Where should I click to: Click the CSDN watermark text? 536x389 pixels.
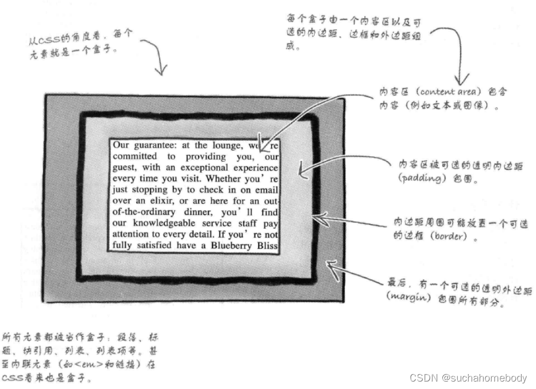[468, 378]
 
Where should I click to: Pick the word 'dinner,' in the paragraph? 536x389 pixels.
[191, 212]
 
